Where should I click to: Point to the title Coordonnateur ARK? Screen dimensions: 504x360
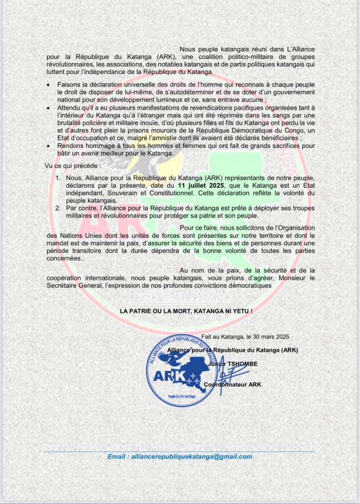pos(232,384)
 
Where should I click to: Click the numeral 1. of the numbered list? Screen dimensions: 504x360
pos(57,178)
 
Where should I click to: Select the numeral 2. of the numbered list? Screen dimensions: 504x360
pos(57,209)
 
